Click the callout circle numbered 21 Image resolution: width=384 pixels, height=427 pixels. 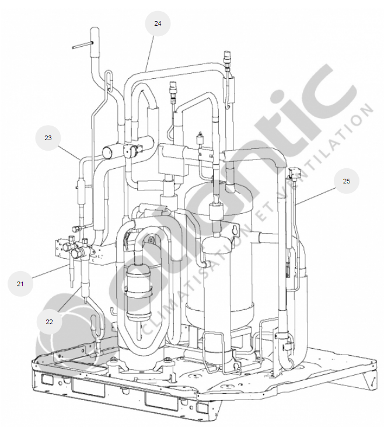point(20,284)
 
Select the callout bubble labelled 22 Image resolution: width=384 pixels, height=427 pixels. point(49,322)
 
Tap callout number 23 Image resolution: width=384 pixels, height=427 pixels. point(48,138)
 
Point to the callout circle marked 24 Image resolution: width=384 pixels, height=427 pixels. point(158,23)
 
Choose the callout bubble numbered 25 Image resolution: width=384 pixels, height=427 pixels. point(347,181)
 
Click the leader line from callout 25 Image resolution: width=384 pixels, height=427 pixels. point(316,196)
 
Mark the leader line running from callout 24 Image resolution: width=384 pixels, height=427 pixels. point(149,53)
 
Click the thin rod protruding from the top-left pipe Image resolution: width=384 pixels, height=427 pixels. point(83,45)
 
